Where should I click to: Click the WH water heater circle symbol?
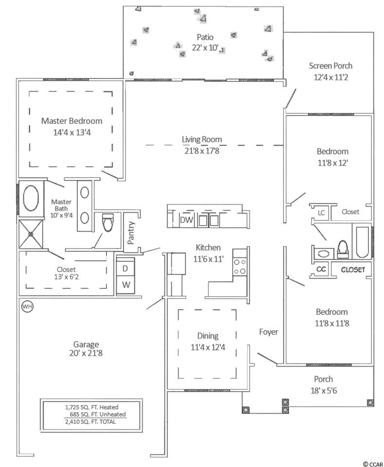pos(27,306)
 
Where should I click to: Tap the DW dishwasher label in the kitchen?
pos(187,220)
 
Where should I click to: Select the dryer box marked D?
pos(125,269)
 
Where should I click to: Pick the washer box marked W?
pos(126,285)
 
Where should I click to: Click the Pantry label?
pos(131,233)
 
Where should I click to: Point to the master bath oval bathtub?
pos(31,198)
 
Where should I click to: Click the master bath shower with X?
pos(31,234)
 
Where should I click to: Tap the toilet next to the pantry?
pos(108,222)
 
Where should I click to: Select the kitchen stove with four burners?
pos(240,267)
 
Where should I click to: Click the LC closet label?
pos(321,213)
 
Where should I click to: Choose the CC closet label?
pos(321,269)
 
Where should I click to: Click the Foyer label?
pos(269,332)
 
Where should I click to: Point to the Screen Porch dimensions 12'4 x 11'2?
pos(330,77)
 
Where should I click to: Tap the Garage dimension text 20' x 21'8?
pos(86,353)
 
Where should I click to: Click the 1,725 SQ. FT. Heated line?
pos(92,407)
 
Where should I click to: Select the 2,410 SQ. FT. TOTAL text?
pos(91,422)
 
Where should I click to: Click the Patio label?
pos(205,37)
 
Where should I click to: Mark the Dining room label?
pos(208,336)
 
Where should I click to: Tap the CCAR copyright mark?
pos(373,464)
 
